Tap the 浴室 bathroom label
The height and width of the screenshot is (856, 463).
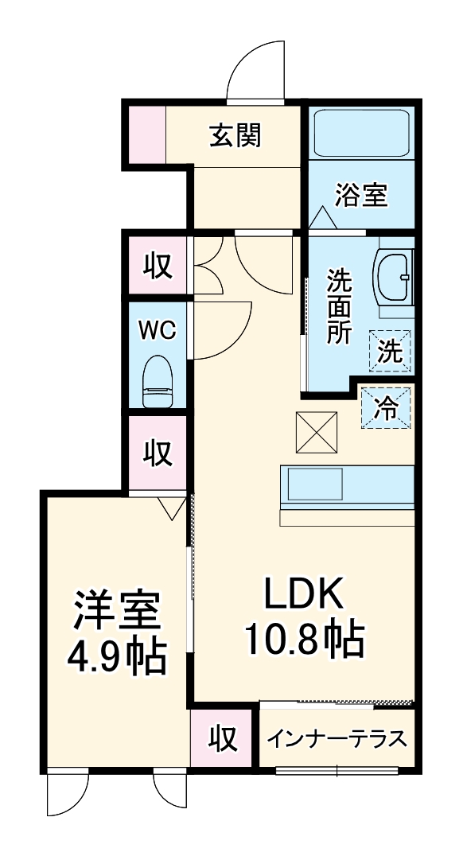361,195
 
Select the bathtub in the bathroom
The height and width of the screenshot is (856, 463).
361,134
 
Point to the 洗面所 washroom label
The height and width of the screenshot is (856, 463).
339,306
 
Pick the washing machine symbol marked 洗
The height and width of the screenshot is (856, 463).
391,350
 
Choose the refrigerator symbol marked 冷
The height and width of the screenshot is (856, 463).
387,409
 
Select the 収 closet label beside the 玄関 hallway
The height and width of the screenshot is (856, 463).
158,267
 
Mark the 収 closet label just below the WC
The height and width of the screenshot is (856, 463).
158,453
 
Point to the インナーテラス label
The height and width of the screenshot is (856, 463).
337,739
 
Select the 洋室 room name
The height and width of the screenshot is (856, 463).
118,611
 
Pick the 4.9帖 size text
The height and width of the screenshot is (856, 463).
118,656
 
